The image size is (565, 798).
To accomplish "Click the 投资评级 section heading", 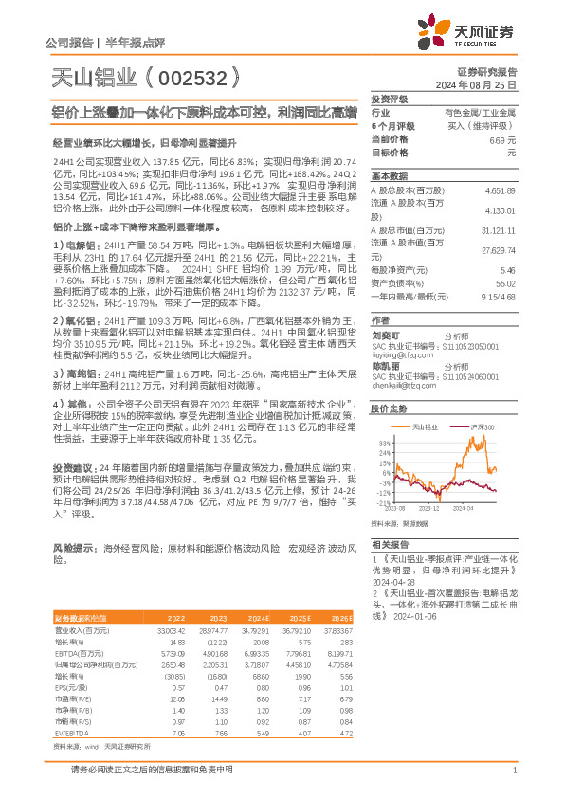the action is [389, 99].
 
